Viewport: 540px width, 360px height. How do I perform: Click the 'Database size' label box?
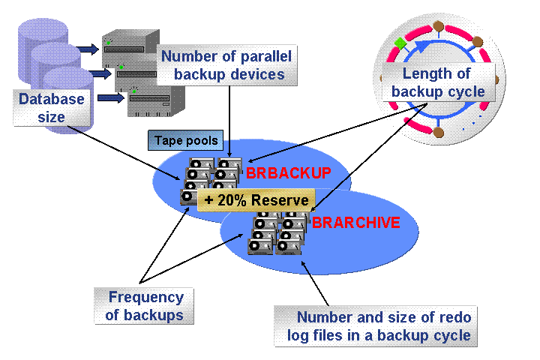52,107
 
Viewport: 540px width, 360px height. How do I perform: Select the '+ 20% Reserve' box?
256,199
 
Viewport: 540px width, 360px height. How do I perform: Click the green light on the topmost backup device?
109,42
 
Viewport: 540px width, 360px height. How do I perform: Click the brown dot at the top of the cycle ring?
439,26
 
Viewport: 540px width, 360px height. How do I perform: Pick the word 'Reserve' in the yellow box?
282,199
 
